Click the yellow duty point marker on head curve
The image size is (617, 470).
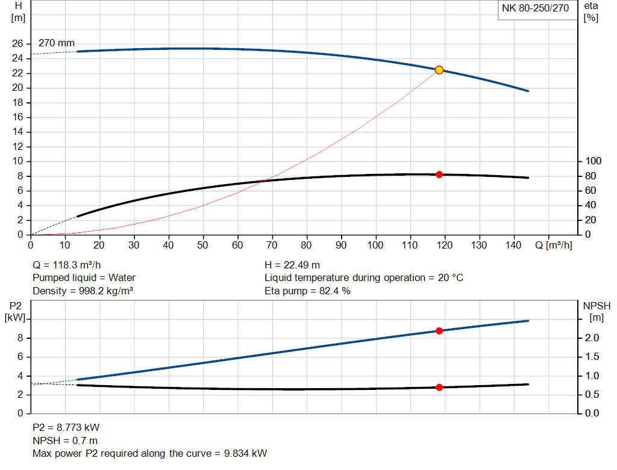(x=439, y=70)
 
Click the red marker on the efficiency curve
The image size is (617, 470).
(x=439, y=175)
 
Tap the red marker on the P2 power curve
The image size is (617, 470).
(x=439, y=331)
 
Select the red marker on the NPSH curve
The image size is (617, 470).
(x=439, y=388)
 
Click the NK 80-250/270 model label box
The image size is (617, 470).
(x=536, y=9)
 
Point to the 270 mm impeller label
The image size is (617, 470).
(x=57, y=43)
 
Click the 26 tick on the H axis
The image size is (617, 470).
(x=17, y=44)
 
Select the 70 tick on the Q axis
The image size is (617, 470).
(x=272, y=245)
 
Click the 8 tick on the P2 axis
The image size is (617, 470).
(x=20, y=338)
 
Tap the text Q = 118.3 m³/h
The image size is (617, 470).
(x=66, y=265)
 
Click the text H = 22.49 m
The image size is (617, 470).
(x=292, y=265)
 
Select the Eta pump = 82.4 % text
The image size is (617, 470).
(x=307, y=291)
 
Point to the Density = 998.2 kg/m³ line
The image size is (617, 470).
(x=83, y=291)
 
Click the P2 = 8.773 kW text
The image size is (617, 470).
(x=66, y=427)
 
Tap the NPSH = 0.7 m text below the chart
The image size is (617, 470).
(x=65, y=441)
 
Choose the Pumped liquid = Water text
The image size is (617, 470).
(x=84, y=278)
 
